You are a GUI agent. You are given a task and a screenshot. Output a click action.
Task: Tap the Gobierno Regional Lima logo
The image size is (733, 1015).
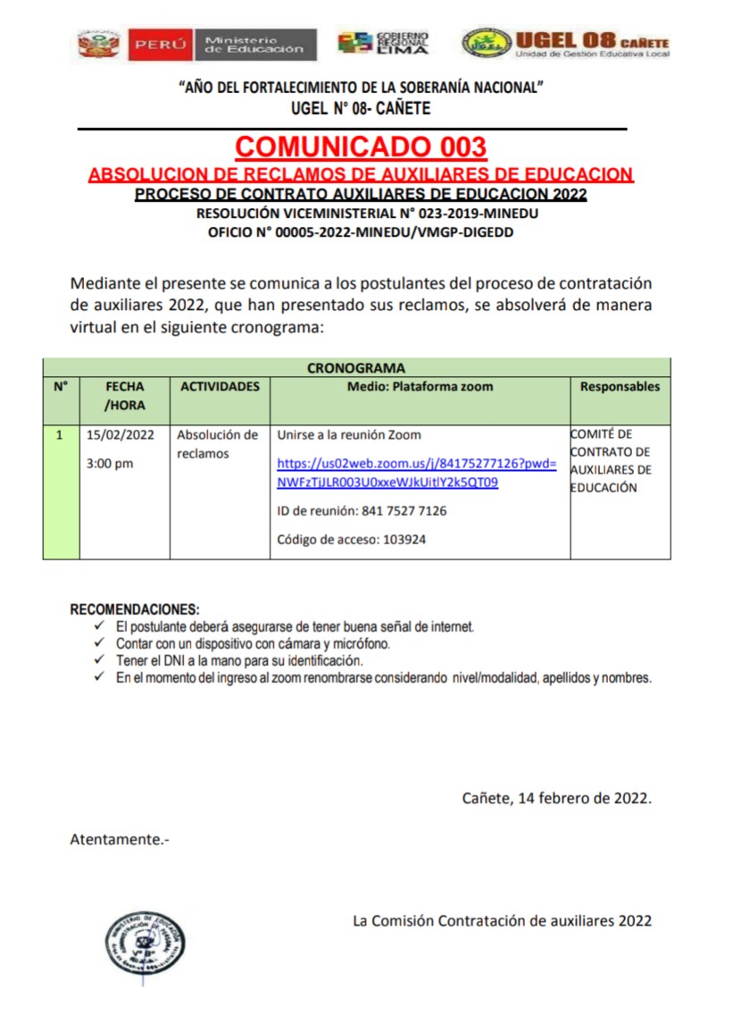point(383,43)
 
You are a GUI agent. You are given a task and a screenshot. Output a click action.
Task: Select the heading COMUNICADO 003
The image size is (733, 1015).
point(361,147)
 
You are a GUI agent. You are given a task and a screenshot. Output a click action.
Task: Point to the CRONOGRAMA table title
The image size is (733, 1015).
point(356,367)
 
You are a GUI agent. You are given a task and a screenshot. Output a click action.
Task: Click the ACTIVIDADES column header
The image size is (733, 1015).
point(220,387)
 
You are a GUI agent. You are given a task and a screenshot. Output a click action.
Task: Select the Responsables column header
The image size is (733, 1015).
point(620,387)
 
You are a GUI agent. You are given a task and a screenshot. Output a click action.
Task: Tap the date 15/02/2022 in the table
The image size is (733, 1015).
point(121,436)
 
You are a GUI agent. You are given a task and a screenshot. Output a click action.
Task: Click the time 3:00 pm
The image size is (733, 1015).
point(110,464)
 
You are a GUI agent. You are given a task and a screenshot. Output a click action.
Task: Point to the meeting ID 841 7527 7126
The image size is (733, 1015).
point(362,512)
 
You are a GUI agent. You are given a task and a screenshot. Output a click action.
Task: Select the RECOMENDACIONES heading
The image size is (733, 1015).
point(135,609)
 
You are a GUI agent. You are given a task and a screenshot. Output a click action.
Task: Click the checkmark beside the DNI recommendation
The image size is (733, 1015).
point(99,661)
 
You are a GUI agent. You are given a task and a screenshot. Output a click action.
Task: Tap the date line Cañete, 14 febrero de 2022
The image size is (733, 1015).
point(556,798)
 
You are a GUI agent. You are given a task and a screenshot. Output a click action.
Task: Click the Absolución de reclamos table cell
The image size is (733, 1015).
point(218,444)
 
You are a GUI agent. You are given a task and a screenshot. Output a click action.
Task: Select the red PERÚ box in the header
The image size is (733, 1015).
point(161,44)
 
